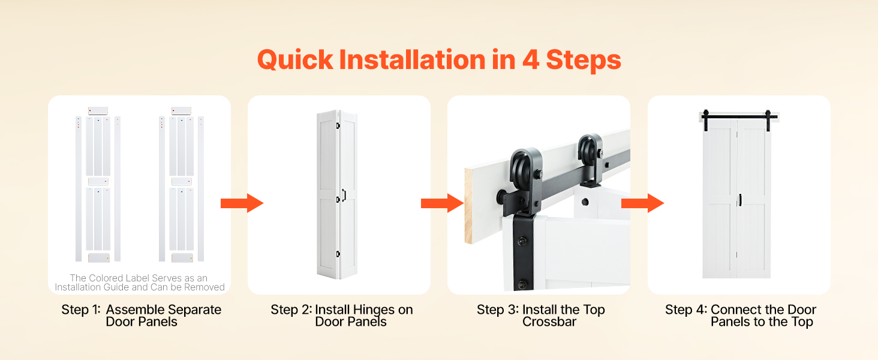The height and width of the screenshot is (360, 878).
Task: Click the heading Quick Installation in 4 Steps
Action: [439, 60]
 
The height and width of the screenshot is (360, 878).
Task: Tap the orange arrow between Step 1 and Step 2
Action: [242, 203]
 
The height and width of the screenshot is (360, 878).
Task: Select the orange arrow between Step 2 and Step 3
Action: [443, 203]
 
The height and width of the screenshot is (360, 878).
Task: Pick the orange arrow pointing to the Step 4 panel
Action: [643, 203]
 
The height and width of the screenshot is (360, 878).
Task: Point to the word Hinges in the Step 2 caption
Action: [374, 310]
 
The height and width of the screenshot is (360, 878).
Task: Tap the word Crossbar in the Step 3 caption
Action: [549, 322]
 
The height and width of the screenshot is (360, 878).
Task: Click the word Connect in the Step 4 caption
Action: [734, 310]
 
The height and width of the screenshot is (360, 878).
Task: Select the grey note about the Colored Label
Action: [140, 283]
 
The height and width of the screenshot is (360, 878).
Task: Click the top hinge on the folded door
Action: [338, 126]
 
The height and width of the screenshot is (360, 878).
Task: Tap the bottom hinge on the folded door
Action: [338, 254]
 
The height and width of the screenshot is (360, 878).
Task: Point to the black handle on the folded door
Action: [344, 195]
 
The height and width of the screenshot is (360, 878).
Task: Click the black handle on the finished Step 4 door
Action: [740, 200]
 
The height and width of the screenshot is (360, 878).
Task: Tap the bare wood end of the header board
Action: [469, 206]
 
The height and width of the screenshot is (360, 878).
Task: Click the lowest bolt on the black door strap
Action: [522, 284]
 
